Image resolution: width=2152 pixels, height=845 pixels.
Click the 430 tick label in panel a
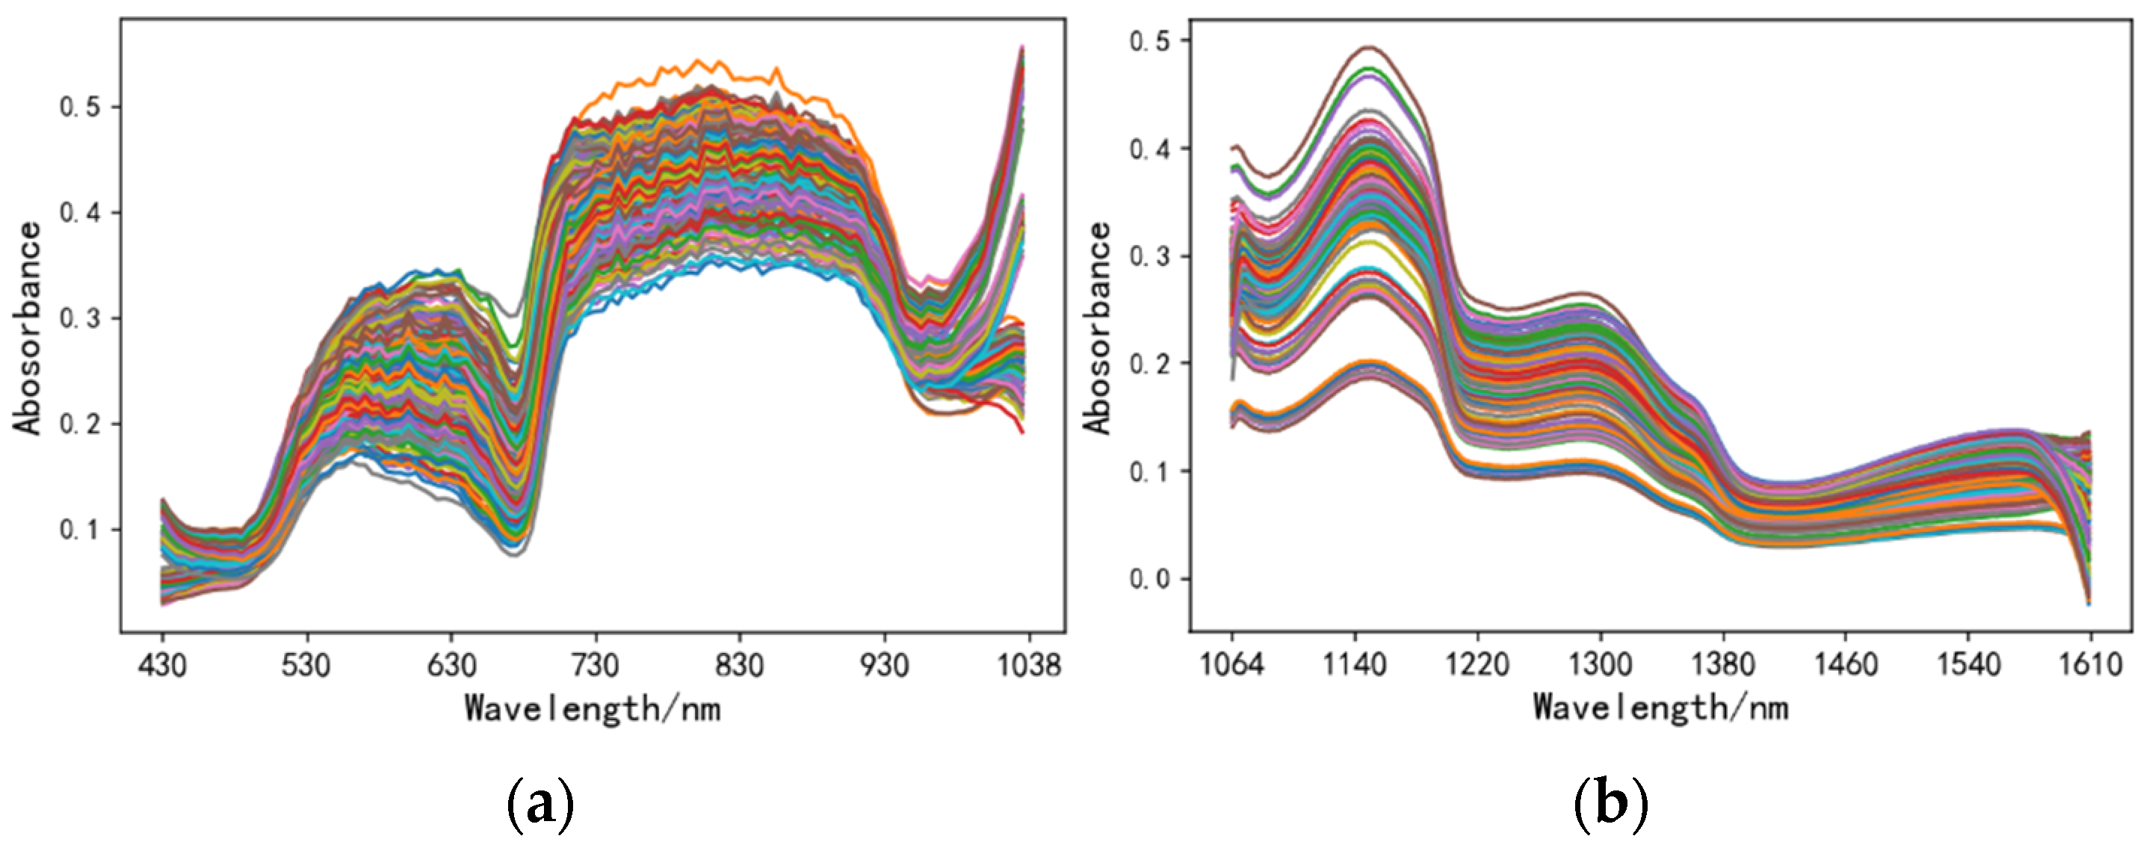(x=163, y=666)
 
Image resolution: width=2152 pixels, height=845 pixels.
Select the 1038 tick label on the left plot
(x=1028, y=666)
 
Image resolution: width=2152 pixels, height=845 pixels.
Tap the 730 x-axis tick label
(x=596, y=666)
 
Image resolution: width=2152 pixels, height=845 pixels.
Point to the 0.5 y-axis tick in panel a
(x=79, y=107)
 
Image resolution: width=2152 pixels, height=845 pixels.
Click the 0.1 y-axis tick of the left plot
(x=79, y=530)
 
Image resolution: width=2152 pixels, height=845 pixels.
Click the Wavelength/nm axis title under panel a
(x=593, y=709)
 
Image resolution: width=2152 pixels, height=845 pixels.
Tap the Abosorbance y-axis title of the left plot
(x=28, y=327)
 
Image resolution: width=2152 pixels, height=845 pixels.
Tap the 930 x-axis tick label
(x=885, y=666)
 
